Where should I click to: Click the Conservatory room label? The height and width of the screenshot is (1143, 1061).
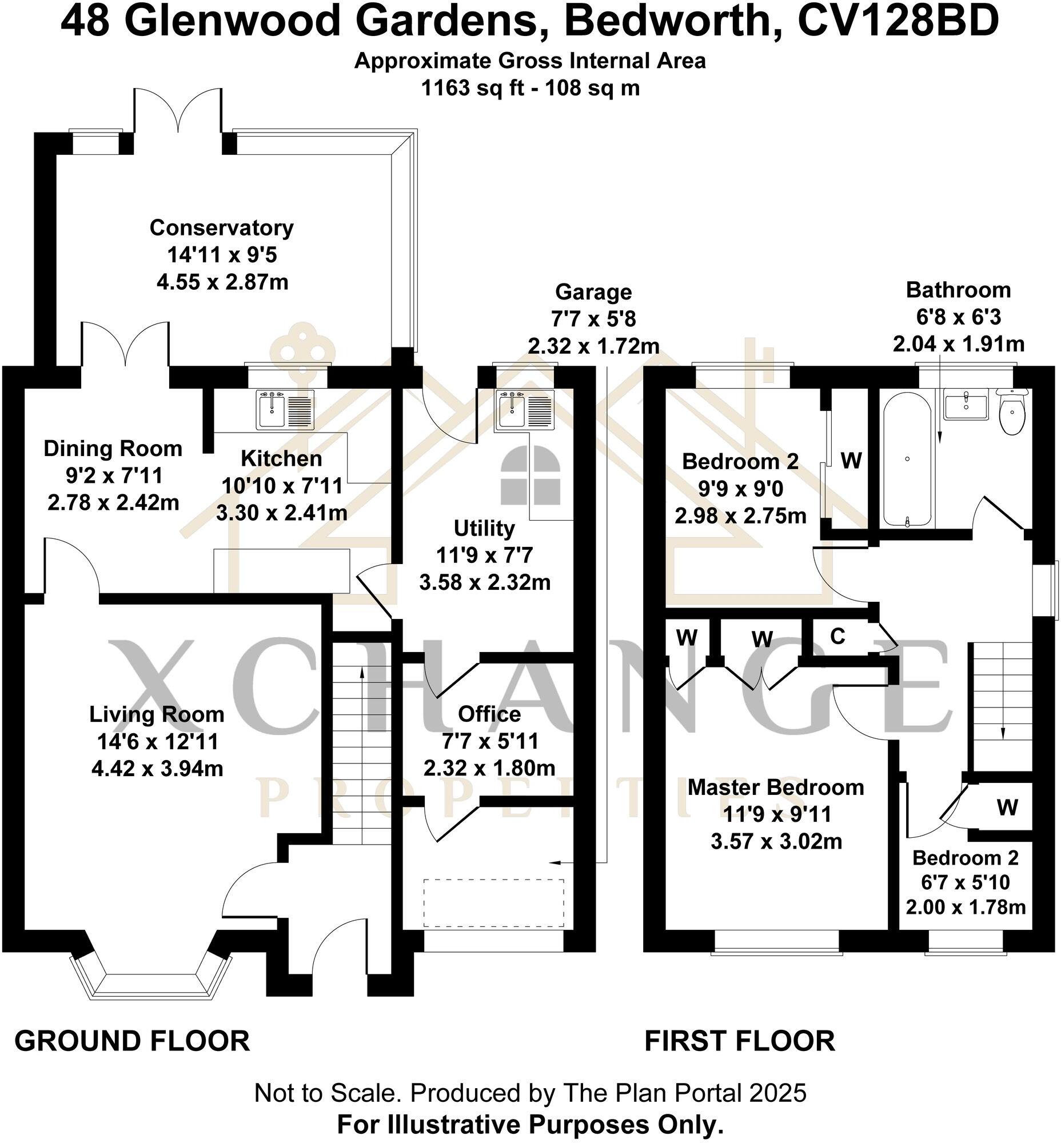222,228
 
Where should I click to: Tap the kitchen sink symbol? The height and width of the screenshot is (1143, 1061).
286,410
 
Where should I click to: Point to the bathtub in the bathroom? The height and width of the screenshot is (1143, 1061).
907,459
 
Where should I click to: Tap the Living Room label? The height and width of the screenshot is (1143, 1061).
157,715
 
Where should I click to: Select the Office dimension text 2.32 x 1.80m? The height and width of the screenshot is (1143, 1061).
489,768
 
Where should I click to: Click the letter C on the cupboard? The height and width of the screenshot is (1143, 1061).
837,636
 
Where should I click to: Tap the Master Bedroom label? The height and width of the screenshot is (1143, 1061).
776,788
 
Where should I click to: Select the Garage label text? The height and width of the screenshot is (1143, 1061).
593,292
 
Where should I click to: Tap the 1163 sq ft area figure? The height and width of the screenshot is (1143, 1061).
473,89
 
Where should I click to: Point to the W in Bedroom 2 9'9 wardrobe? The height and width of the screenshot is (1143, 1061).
851,460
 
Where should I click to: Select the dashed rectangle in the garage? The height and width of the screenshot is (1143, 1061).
494,903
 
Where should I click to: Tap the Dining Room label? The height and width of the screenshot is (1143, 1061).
113,449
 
